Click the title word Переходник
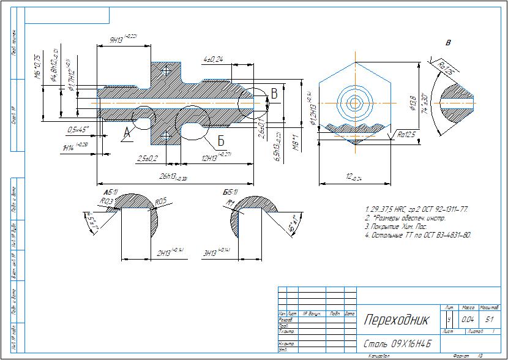point(397,320)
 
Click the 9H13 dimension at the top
point(122,39)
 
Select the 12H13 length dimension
point(215,157)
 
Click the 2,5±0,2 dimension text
point(148,158)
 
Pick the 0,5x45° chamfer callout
point(78,129)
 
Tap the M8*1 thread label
point(294,143)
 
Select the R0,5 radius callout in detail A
point(161,201)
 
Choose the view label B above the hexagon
point(448,43)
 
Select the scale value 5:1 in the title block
point(489,319)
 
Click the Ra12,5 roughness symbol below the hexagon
point(404,135)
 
